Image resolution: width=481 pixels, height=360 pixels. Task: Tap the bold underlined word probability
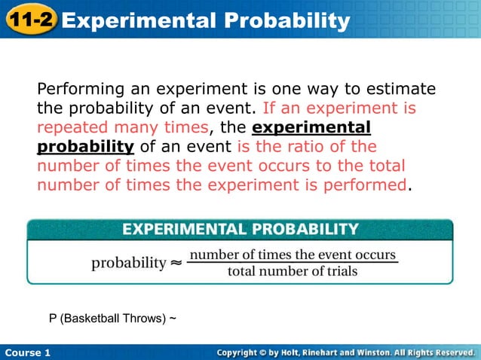[85, 146]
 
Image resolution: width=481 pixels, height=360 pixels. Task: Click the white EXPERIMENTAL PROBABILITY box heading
[240, 228]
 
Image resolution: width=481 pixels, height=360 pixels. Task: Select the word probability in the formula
[128, 263]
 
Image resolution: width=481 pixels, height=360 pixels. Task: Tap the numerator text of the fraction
[293, 255]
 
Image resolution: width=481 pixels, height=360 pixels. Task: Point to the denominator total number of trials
[293, 271]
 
